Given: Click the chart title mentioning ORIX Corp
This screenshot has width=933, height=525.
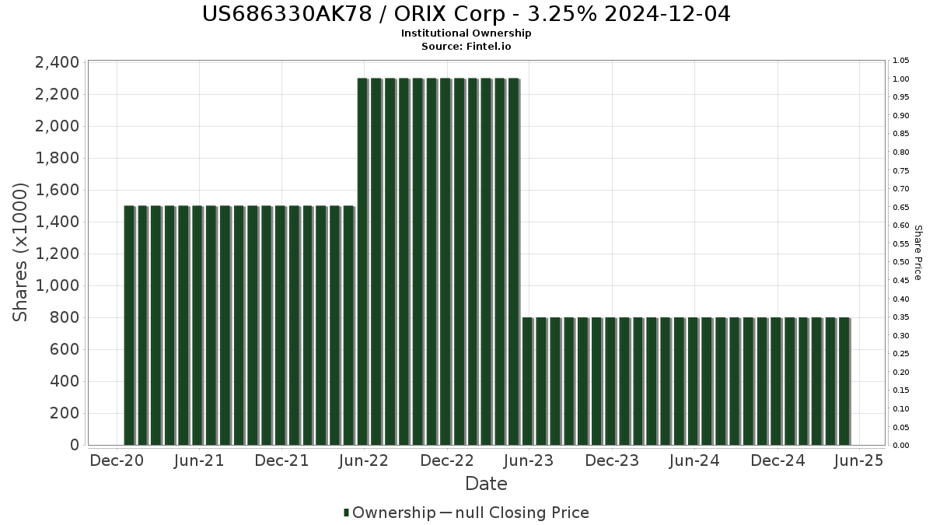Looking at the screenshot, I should click(x=466, y=15).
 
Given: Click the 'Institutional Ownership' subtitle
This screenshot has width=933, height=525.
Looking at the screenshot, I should click(x=466, y=33).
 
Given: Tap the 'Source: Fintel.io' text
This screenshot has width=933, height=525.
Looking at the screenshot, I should click(x=466, y=47).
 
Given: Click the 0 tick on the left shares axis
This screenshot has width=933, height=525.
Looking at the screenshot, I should click(x=75, y=445).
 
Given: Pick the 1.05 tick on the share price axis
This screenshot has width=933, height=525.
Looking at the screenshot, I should click(x=902, y=61).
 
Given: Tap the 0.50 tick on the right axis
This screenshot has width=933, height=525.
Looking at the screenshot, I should click(x=902, y=262).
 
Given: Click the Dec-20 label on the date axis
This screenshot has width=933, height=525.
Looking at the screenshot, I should click(x=117, y=461).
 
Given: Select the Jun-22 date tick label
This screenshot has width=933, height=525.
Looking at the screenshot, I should click(x=364, y=461).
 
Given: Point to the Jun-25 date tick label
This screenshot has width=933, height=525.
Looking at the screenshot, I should click(x=858, y=461).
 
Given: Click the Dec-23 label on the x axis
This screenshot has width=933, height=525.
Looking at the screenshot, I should click(x=612, y=461).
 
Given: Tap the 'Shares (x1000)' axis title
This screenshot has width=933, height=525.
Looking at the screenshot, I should click(x=21, y=253).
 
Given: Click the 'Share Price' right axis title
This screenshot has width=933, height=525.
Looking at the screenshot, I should click(x=918, y=253).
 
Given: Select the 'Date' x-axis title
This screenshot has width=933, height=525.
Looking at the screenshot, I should click(x=486, y=484).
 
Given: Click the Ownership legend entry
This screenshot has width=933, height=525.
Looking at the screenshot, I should click(x=390, y=513).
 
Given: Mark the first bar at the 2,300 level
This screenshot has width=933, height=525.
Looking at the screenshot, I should click(x=362, y=261).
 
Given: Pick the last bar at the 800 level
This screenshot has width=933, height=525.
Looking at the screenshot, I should click(x=844, y=381).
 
